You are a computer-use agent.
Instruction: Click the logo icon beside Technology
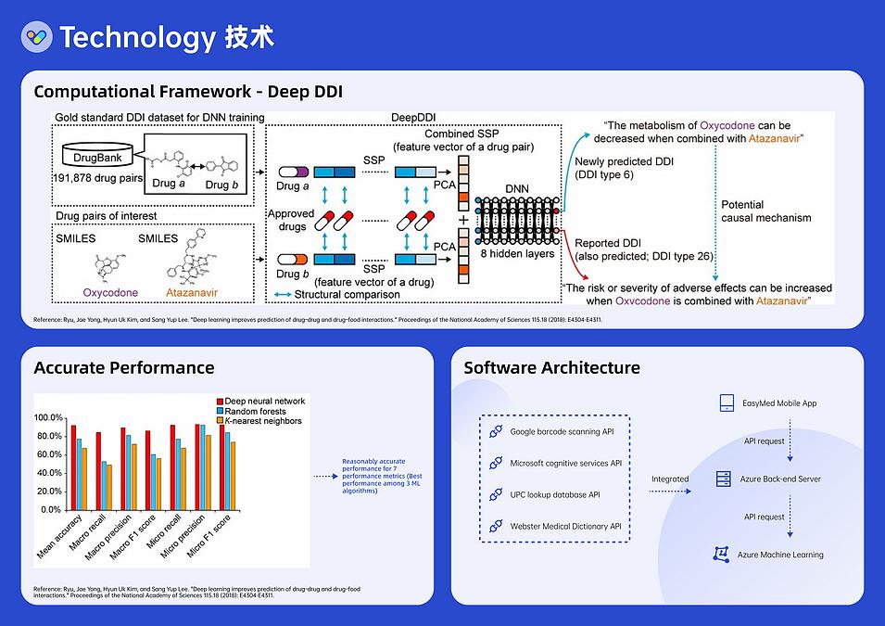pos(37,36)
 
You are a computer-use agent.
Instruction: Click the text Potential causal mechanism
pos(765,211)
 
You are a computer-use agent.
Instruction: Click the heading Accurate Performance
pos(124,367)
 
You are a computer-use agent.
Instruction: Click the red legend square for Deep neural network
pos(220,401)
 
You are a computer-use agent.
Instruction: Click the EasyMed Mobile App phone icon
pos(726,403)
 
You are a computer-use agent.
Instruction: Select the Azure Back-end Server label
pos(782,479)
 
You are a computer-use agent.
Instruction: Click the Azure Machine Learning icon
pos(724,555)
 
